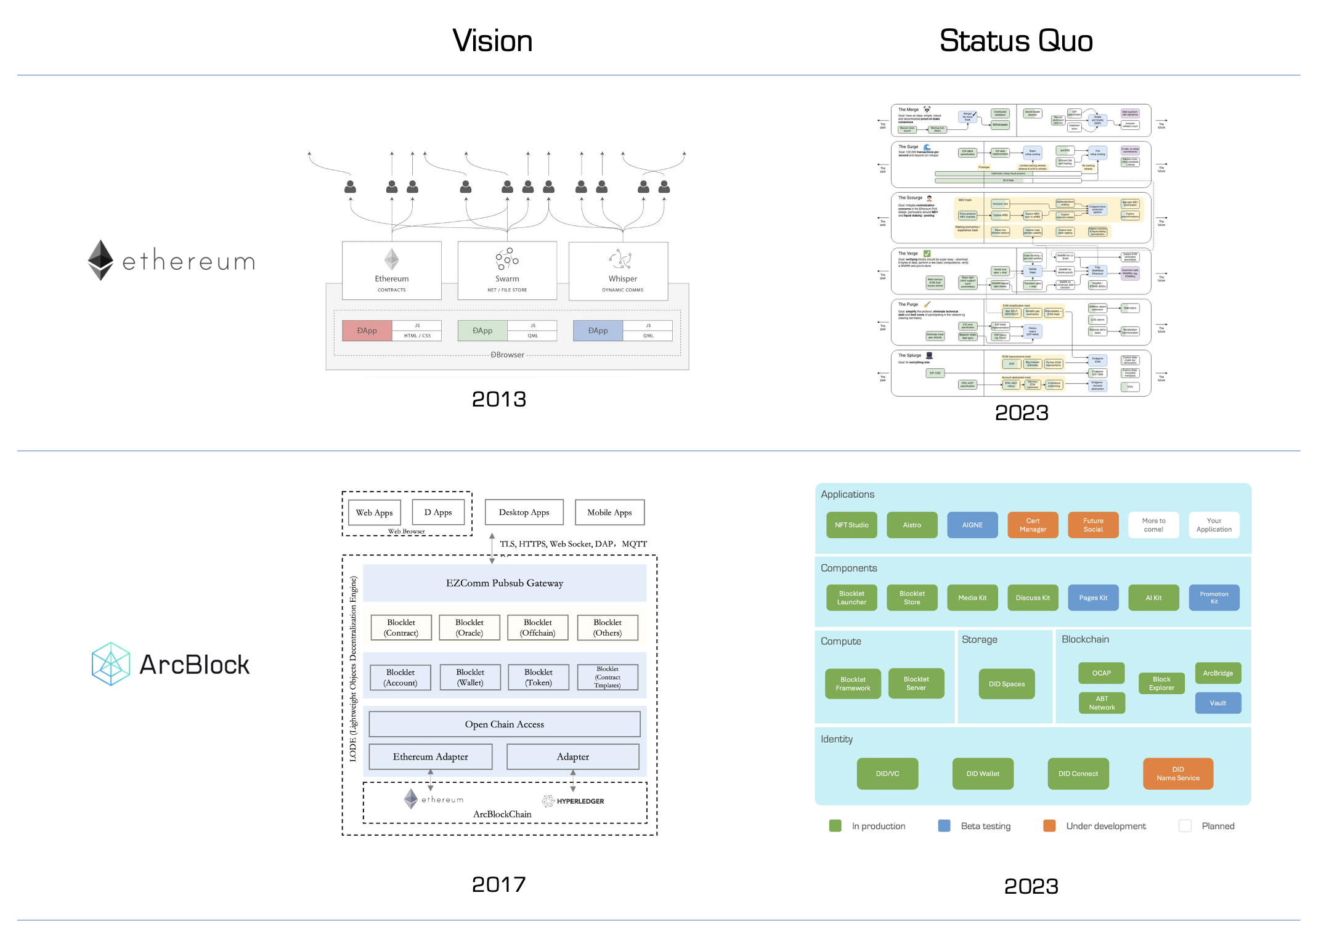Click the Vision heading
click(x=492, y=41)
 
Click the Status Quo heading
click(x=1015, y=41)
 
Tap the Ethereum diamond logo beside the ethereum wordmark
click(x=100, y=260)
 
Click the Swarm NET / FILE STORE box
click(x=507, y=270)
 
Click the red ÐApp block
click(x=367, y=331)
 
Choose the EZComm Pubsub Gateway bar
click(x=505, y=583)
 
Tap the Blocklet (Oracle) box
click(x=469, y=628)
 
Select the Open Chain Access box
click(x=505, y=724)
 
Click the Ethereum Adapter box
click(x=431, y=756)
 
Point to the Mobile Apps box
click(x=609, y=512)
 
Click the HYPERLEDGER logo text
click(x=580, y=801)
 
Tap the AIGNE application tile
click(x=972, y=525)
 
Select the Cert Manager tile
click(x=1033, y=525)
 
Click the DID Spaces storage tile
click(x=1007, y=684)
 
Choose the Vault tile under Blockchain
click(x=1217, y=703)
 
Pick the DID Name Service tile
click(x=1177, y=774)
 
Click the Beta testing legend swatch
click(x=944, y=826)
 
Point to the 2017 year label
click(x=498, y=884)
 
